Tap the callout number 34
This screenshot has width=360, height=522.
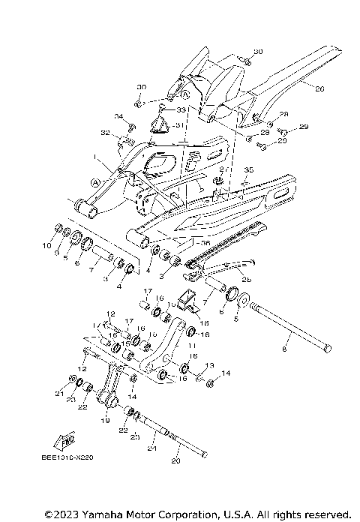118,116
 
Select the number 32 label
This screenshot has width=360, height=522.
105,133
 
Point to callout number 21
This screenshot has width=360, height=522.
58,392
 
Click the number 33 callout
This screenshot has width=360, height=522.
180,109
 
